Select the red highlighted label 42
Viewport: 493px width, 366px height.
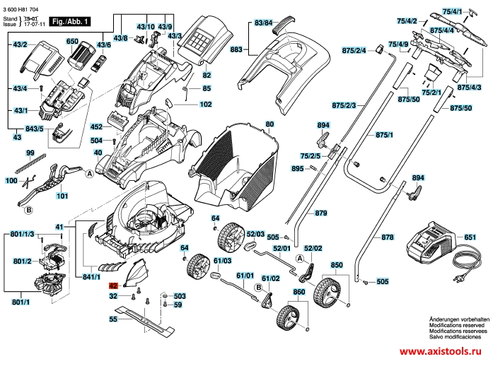pyautogui.click(x=112, y=287)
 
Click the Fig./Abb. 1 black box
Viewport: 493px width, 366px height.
pyautogui.click(x=69, y=21)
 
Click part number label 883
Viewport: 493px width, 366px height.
pyautogui.click(x=236, y=49)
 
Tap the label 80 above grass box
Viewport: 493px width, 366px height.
pyautogui.click(x=269, y=125)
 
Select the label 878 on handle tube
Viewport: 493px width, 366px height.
pyautogui.click(x=387, y=237)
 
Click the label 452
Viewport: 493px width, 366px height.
pyautogui.click(x=97, y=128)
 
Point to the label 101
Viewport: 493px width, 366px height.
pyautogui.click(x=62, y=196)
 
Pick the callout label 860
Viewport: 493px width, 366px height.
pyautogui.click(x=298, y=292)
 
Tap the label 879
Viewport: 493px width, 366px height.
pyautogui.click(x=321, y=213)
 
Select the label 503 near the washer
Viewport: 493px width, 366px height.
pyautogui.click(x=179, y=295)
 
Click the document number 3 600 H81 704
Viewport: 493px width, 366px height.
pyautogui.click(x=23, y=6)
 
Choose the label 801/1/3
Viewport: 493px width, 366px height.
pyautogui.click(x=23, y=234)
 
